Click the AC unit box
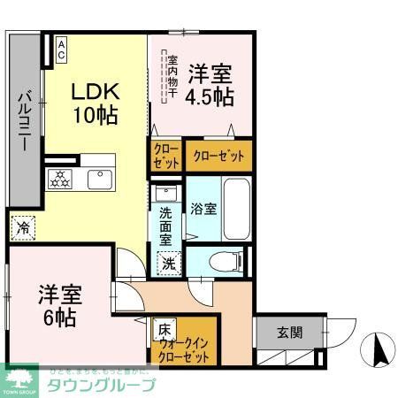(x=61, y=50)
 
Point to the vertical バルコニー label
(x=25, y=119)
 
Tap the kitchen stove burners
(x=60, y=179)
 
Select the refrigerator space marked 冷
(x=23, y=227)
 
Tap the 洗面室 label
(x=166, y=226)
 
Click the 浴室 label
(x=203, y=210)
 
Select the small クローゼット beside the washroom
(x=165, y=155)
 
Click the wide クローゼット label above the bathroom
(x=218, y=155)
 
